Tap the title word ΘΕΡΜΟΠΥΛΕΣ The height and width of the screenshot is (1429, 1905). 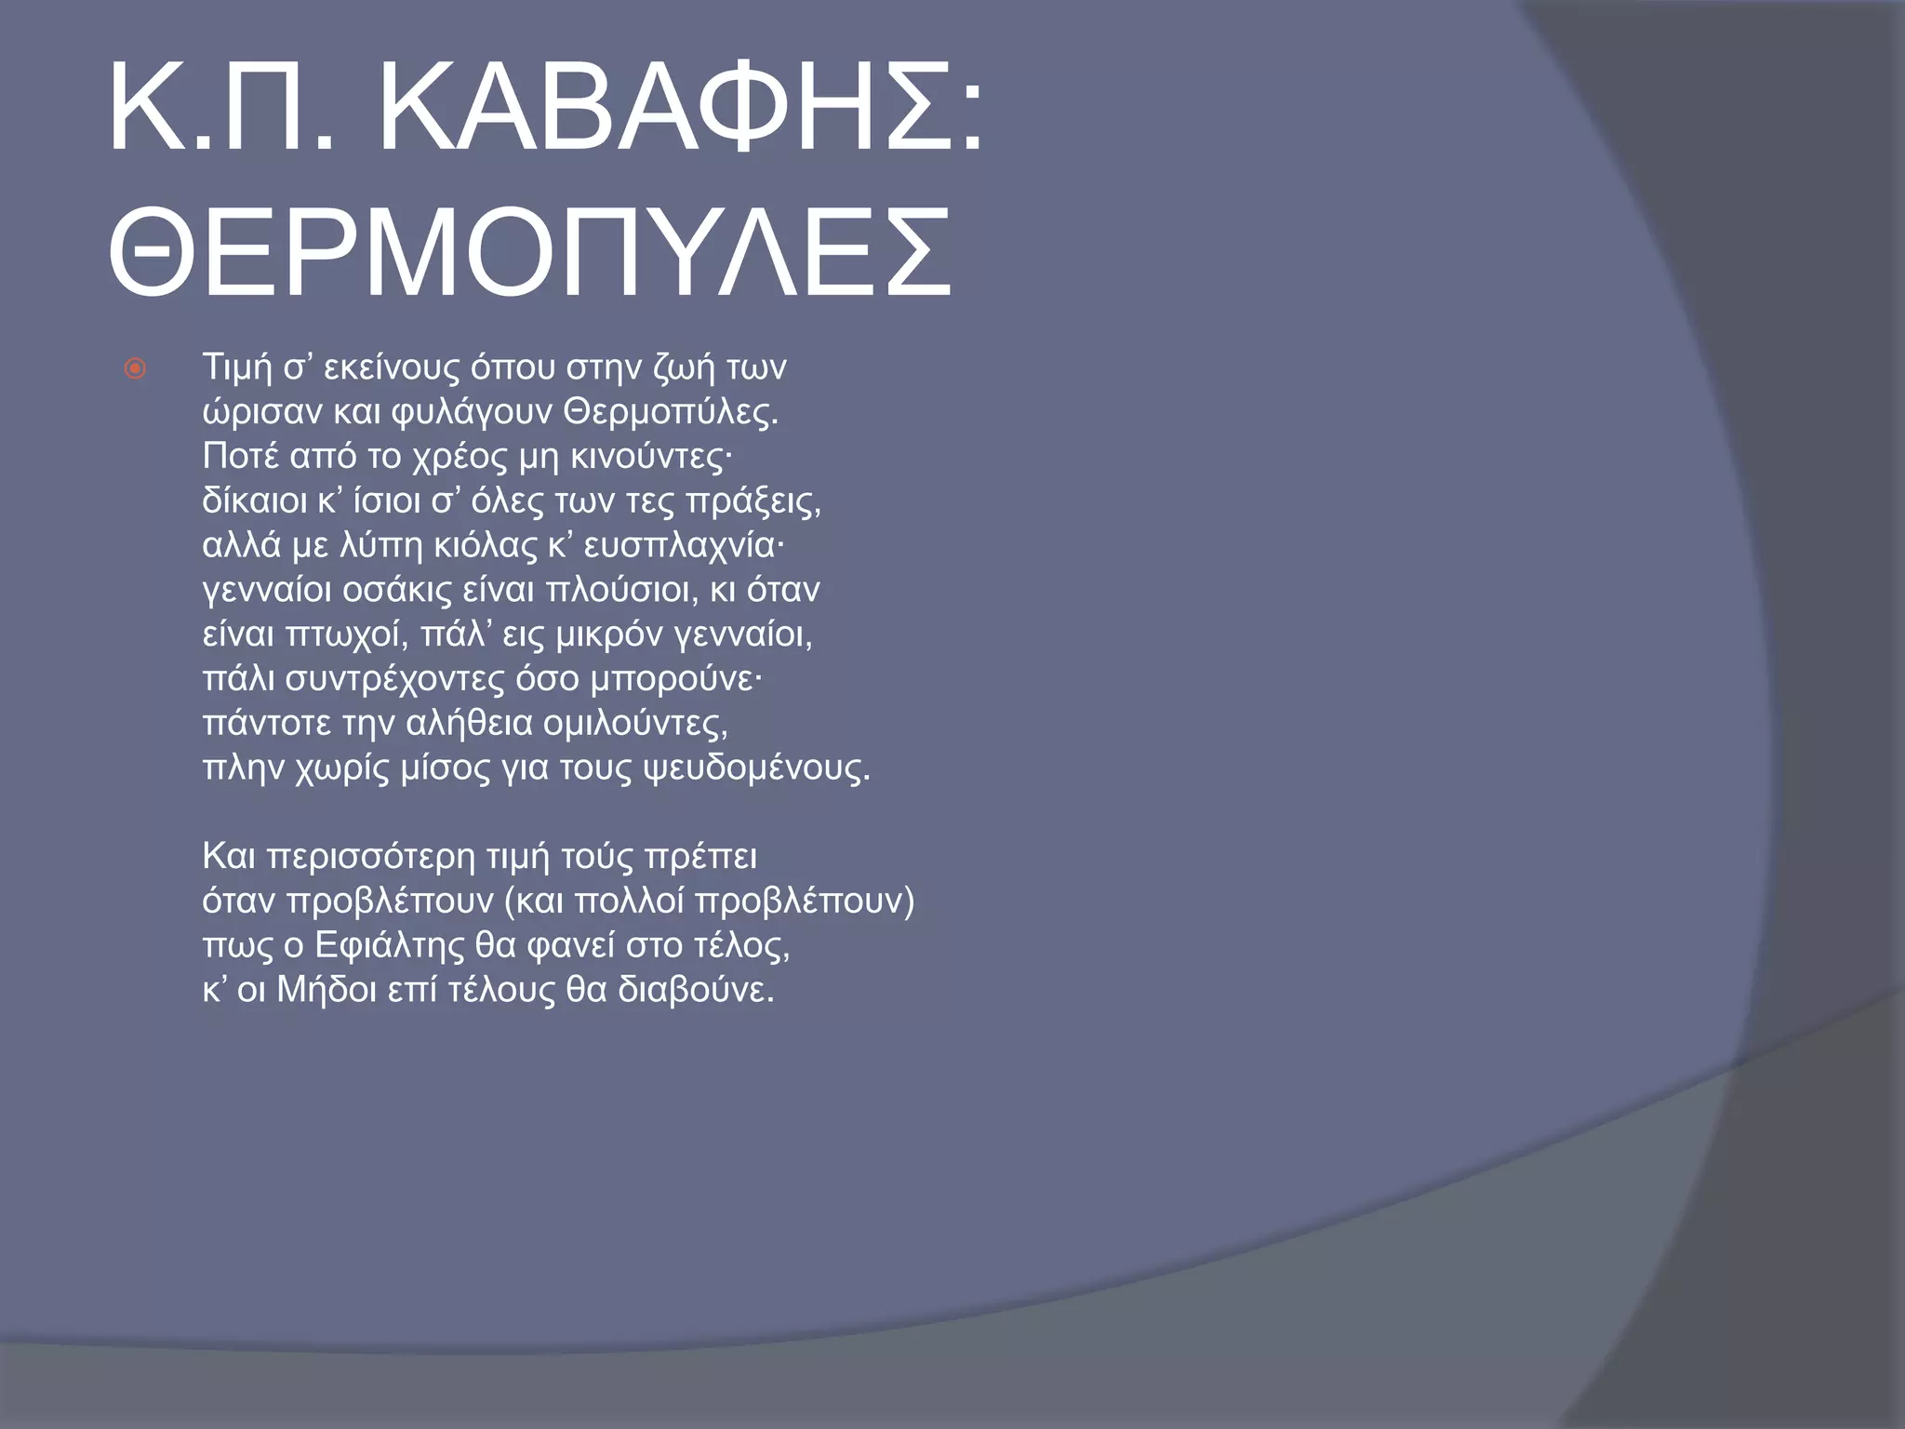click(x=530, y=253)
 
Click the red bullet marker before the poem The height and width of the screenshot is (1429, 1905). click(x=136, y=370)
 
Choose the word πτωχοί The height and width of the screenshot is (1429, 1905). click(x=348, y=635)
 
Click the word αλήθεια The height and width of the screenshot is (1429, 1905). click(x=468, y=724)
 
